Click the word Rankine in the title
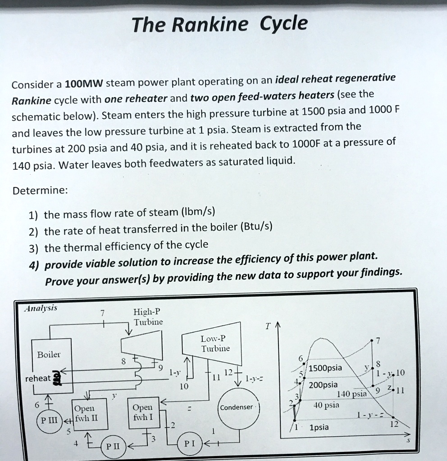(210, 26)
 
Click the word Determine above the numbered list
(40, 190)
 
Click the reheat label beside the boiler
(37, 378)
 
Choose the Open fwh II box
(85, 412)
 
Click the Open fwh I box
(143, 412)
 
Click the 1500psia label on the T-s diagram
(326, 368)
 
